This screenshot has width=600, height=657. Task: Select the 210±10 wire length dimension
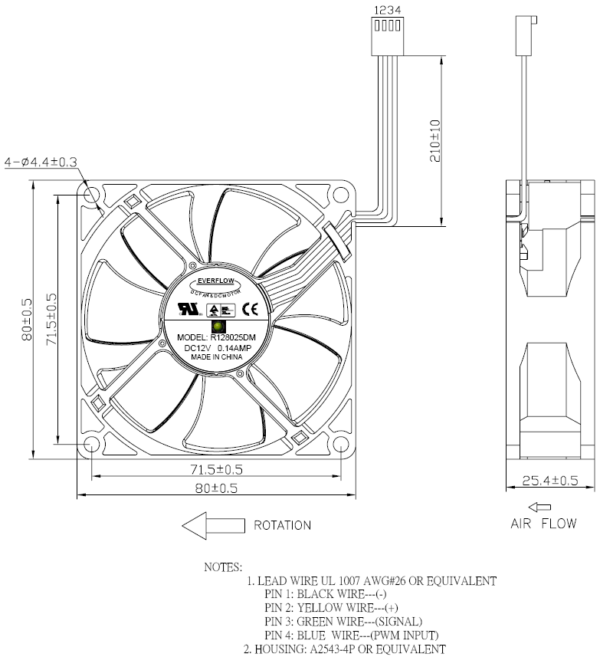433,140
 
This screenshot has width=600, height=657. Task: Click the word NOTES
223,567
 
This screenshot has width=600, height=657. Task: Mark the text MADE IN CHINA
217,357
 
